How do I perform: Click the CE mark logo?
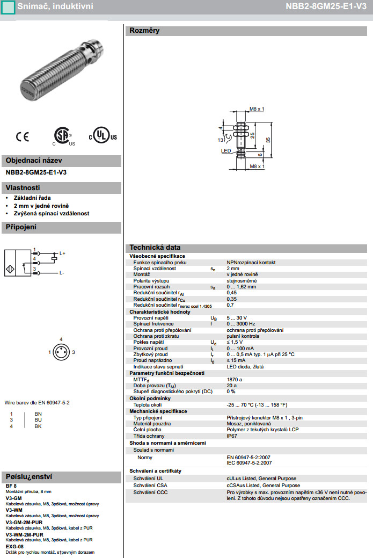click(22, 137)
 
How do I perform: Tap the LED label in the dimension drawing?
click(226, 151)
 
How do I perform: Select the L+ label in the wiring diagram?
click(62, 253)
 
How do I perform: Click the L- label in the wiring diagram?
click(62, 273)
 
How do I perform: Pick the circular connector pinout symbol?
click(61, 352)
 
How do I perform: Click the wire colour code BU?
click(38, 419)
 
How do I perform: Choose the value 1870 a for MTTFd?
click(235, 379)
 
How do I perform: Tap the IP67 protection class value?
click(232, 436)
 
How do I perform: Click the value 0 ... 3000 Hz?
click(240, 324)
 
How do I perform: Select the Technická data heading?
click(155, 248)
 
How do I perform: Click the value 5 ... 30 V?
click(237, 318)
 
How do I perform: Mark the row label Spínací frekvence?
click(155, 324)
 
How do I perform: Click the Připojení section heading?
click(21, 228)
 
